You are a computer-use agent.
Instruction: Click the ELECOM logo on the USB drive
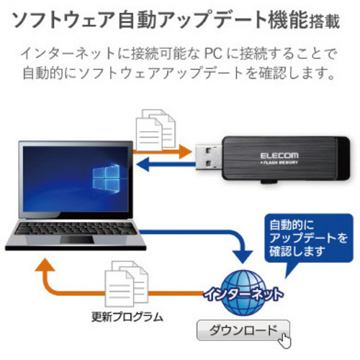(x=279, y=156)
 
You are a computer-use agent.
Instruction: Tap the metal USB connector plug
(x=208, y=157)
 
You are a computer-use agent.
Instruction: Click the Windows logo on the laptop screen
(x=106, y=178)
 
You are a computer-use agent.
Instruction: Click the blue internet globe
(x=243, y=293)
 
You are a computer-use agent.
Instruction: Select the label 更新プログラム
(x=127, y=317)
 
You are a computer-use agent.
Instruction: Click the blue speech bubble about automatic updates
(x=309, y=240)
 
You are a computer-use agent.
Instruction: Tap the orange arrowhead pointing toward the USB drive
(x=186, y=152)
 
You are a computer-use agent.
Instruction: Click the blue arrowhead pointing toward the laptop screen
(x=143, y=164)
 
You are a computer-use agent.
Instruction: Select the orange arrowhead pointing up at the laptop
(x=45, y=265)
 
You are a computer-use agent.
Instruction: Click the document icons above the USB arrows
(x=156, y=130)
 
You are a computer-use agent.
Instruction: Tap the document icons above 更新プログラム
(x=127, y=284)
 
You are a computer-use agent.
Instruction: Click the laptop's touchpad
(x=76, y=240)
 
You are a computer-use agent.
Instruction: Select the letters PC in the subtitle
(x=213, y=53)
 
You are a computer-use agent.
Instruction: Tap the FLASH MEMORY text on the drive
(x=279, y=163)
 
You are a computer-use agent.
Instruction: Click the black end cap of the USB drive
(x=343, y=158)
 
